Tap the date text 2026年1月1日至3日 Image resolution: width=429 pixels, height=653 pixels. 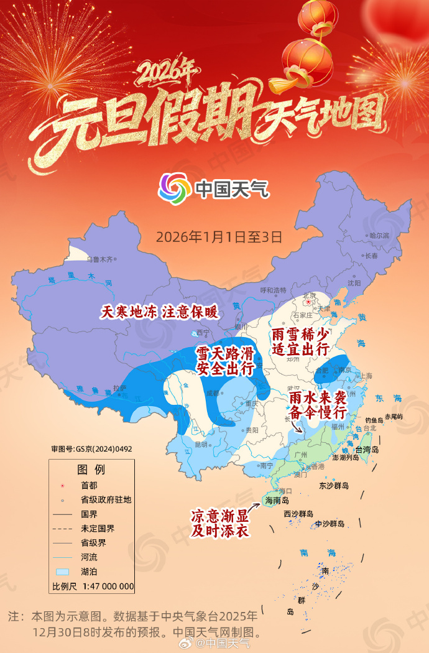click(219, 237)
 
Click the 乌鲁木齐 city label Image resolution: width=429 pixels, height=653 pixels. click(100, 259)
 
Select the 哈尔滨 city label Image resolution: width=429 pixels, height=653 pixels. click(379, 236)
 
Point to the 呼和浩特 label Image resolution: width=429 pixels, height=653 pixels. click(273, 290)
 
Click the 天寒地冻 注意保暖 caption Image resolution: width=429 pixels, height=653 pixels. click(160, 312)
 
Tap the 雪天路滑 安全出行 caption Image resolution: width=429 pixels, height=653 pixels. click(224, 361)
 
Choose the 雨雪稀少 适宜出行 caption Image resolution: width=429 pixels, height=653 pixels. click(300, 342)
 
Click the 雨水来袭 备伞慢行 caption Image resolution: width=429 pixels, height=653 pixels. click(317, 404)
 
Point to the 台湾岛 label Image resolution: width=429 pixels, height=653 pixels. click(384, 450)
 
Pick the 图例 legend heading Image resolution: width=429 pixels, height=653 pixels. click(91, 468)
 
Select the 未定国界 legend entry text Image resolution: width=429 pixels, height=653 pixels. click(98, 529)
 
